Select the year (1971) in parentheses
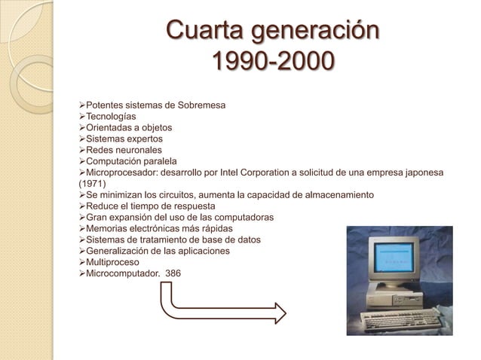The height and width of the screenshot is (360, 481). tap(93, 183)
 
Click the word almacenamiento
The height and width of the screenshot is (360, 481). tap(333, 195)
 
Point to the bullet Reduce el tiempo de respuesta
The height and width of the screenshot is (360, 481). tap(151, 206)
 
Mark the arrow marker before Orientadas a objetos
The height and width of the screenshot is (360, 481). tap(82, 128)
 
